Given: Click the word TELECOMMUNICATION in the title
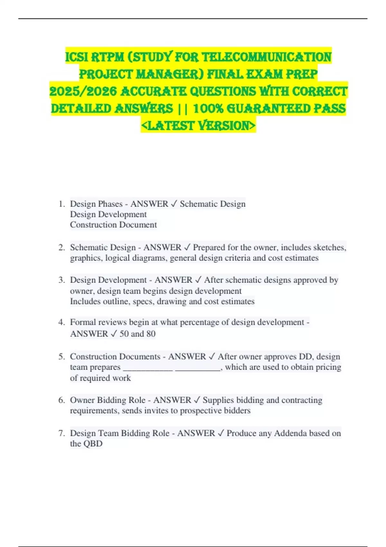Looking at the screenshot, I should click(x=267, y=57).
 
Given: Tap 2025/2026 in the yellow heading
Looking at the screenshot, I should click(x=83, y=91).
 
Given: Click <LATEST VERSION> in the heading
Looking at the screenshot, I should click(x=198, y=126).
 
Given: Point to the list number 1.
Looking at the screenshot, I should click(x=61, y=204).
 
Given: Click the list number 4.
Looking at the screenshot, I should click(x=61, y=322).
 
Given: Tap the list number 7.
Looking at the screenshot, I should click(x=61, y=433).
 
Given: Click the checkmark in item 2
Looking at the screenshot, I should click(x=187, y=247).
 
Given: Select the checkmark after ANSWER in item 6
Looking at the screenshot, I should click(x=197, y=400).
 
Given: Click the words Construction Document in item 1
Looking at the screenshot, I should click(x=113, y=225).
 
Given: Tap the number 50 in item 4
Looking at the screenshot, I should click(x=124, y=334).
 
